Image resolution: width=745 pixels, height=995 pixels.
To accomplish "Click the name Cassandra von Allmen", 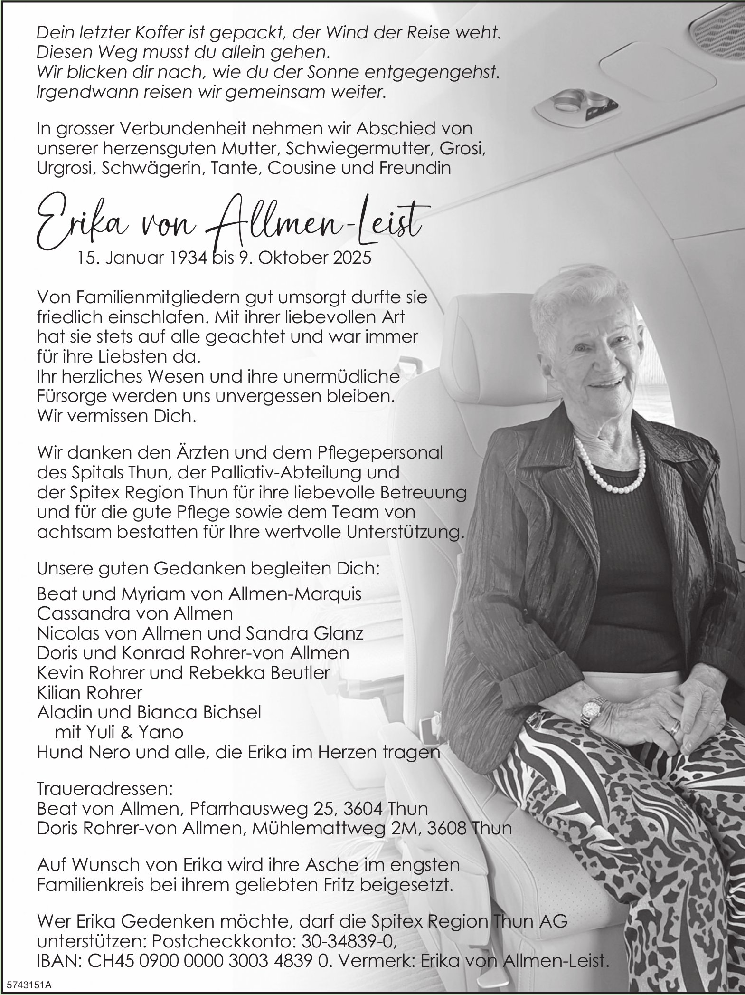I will (x=135, y=613).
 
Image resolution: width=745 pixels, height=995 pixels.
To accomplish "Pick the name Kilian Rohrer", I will (x=89, y=692).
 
